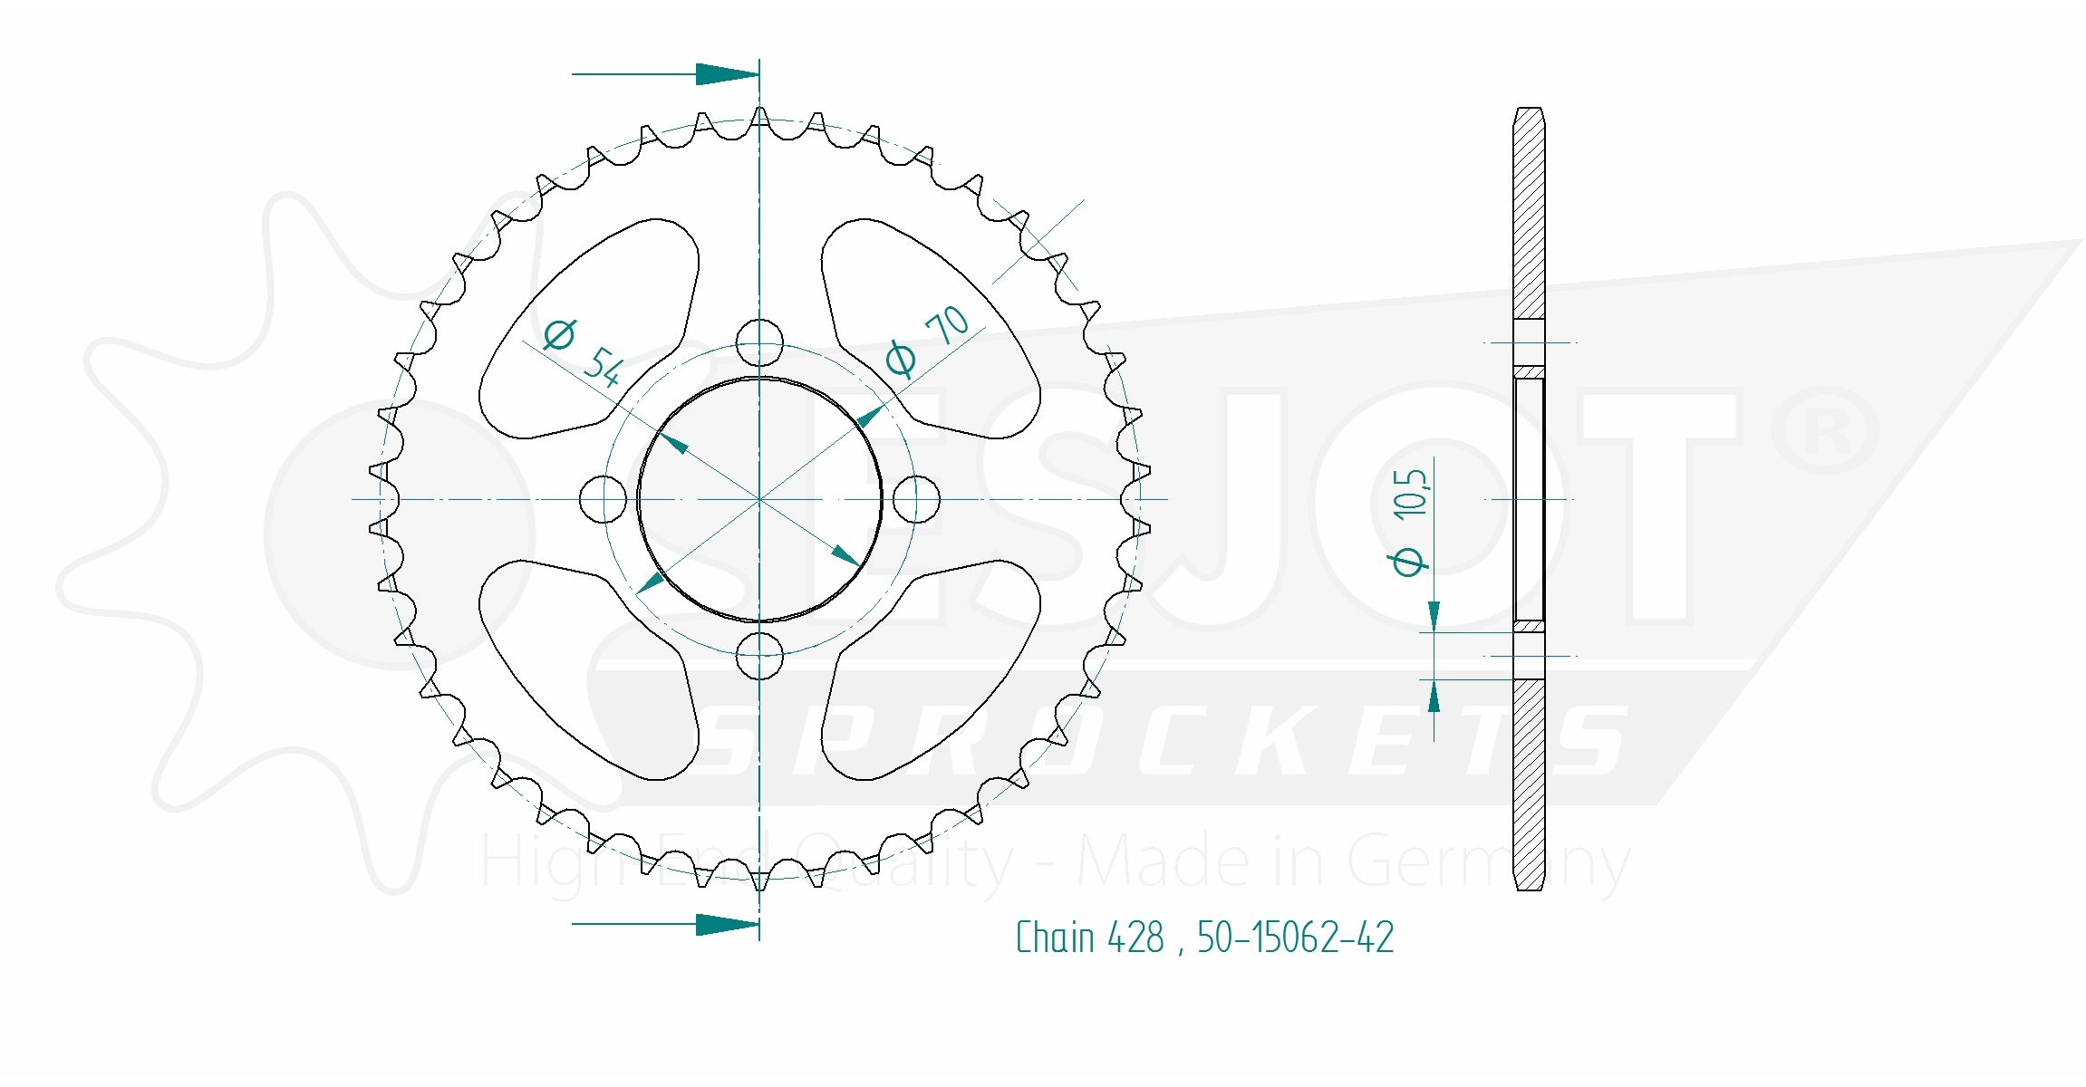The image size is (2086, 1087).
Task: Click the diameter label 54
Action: (x=603, y=366)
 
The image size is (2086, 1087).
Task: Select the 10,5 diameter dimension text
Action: (x=1410, y=495)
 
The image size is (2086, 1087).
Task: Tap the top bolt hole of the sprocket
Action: (x=759, y=342)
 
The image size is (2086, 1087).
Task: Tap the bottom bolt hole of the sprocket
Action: (x=759, y=656)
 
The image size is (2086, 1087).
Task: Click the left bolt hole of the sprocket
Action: (x=603, y=499)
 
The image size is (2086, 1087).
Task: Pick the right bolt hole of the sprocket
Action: (x=916, y=499)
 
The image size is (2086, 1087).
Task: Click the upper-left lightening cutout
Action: (x=589, y=328)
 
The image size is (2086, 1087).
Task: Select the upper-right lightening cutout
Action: (x=931, y=328)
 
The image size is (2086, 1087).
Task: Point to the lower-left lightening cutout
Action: (x=589, y=670)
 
